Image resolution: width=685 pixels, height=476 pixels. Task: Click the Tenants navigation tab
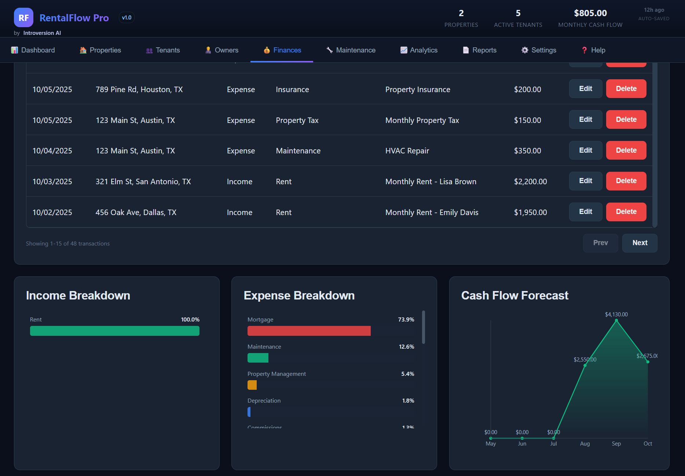click(x=163, y=50)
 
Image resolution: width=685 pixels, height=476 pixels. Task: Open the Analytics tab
click(x=419, y=50)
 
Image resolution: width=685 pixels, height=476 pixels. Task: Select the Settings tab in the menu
click(x=539, y=50)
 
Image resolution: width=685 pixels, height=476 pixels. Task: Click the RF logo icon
click(x=23, y=18)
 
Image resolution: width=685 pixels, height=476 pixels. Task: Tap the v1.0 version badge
click(x=127, y=18)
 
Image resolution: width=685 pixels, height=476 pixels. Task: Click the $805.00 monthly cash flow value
click(x=590, y=13)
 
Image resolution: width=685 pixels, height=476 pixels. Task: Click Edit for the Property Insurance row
click(x=585, y=89)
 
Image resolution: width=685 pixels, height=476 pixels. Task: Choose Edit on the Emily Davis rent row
click(x=585, y=212)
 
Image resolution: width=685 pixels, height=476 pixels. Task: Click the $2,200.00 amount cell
click(x=530, y=182)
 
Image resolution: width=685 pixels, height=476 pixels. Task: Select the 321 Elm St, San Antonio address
click(x=143, y=182)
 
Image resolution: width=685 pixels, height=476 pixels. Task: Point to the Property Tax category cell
click(x=297, y=120)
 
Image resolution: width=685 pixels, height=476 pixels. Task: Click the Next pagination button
click(x=640, y=243)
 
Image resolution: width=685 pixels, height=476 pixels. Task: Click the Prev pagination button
click(x=600, y=243)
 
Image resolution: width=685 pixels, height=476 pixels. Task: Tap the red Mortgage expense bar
click(x=309, y=331)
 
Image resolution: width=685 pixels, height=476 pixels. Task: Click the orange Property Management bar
click(x=252, y=385)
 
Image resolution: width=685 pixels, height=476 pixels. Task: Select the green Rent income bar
click(x=114, y=331)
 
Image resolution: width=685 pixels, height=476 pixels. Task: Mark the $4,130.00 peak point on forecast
click(x=616, y=320)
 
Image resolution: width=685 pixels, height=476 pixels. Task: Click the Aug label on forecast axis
click(x=585, y=444)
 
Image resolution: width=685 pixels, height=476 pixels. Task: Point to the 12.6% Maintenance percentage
click(x=406, y=347)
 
